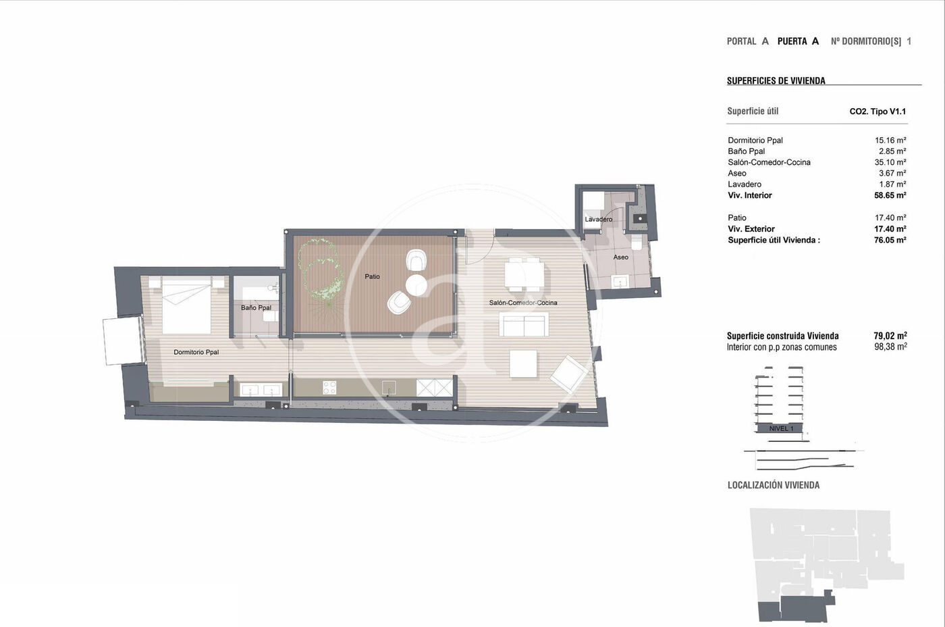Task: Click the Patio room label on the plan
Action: [372, 276]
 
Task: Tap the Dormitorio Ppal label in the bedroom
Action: [196, 352]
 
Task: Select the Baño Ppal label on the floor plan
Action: [256, 308]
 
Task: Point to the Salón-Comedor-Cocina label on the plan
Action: [523, 303]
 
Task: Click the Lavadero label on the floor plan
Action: [598, 219]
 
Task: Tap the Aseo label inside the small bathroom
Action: [620, 257]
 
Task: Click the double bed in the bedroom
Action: [186, 305]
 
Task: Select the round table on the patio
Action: [416, 285]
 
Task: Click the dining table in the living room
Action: [524, 274]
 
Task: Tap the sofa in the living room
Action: [524, 324]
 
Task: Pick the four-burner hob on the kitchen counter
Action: [329, 388]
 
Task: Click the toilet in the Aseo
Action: [636, 242]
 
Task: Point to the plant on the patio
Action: [321, 270]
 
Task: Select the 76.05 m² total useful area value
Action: [890, 240]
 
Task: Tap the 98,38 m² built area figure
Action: [890, 347]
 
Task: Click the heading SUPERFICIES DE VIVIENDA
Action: [776, 80]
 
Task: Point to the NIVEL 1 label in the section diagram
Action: [781, 428]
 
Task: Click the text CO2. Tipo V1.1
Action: [878, 111]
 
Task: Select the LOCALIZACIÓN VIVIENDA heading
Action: [774, 485]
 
